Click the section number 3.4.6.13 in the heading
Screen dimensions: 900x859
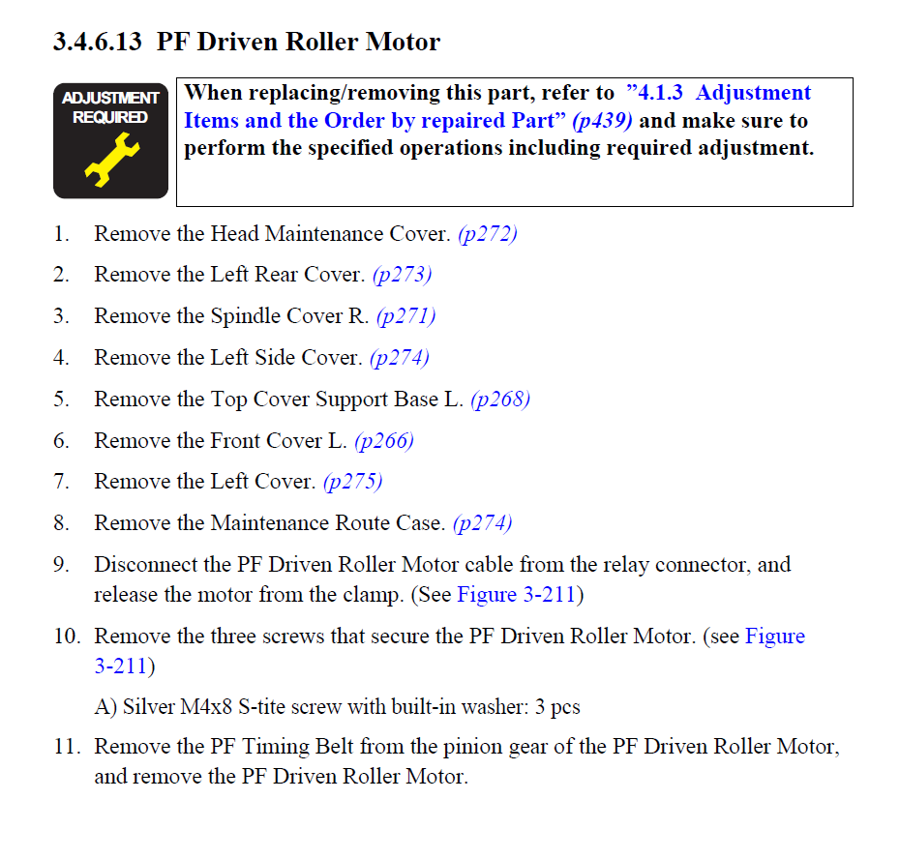[97, 42]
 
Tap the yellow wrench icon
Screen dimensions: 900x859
[112, 159]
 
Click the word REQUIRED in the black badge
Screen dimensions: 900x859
[110, 117]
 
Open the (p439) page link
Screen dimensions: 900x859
[603, 121]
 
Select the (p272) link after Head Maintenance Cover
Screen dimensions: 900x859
[488, 233]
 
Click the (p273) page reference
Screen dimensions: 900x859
[402, 275]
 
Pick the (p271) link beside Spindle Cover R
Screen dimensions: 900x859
[405, 315]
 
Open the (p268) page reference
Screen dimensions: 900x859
[500, 399]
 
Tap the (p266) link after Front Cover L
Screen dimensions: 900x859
[384, 441]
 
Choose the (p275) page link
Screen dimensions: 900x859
[352, 481]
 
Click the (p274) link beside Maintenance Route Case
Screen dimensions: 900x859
[482, 522]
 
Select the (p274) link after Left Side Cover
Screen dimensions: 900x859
[400, 358]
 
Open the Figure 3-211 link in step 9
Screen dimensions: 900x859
[516, 595]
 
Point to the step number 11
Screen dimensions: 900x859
[67, 747]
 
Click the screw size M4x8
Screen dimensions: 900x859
[206, 706]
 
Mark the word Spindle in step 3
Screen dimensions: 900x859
[246, 315]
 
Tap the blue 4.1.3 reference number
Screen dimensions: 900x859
[660, 93]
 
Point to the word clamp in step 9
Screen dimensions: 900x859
[372, 595]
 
